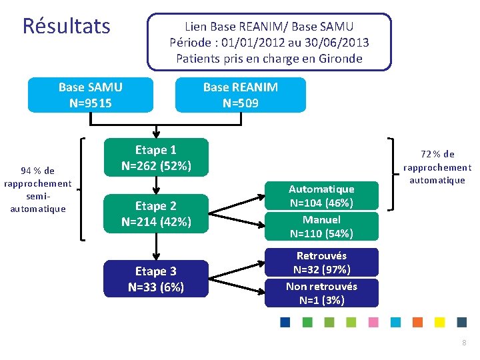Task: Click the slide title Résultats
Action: [x=66, y=26]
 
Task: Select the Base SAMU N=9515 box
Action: [x=90, y=95]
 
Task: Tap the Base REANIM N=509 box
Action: [x=240, y=95]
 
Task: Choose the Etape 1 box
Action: [x=155, y=157]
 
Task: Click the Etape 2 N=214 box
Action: [x=155, y=213]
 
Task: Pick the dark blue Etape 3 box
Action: [x=155, y=279]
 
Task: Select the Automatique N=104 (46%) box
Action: [x=321, y=196]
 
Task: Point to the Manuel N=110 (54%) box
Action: [x=321, y=227]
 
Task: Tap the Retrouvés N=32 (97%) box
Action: [x=321, y=262]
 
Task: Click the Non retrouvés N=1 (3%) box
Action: [x=321, y=293]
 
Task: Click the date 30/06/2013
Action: [x=337, y=43]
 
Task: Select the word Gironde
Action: [x=337, y=59]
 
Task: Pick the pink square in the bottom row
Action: [x=373, y=323]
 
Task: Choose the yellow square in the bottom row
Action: [x=439, y=323]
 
